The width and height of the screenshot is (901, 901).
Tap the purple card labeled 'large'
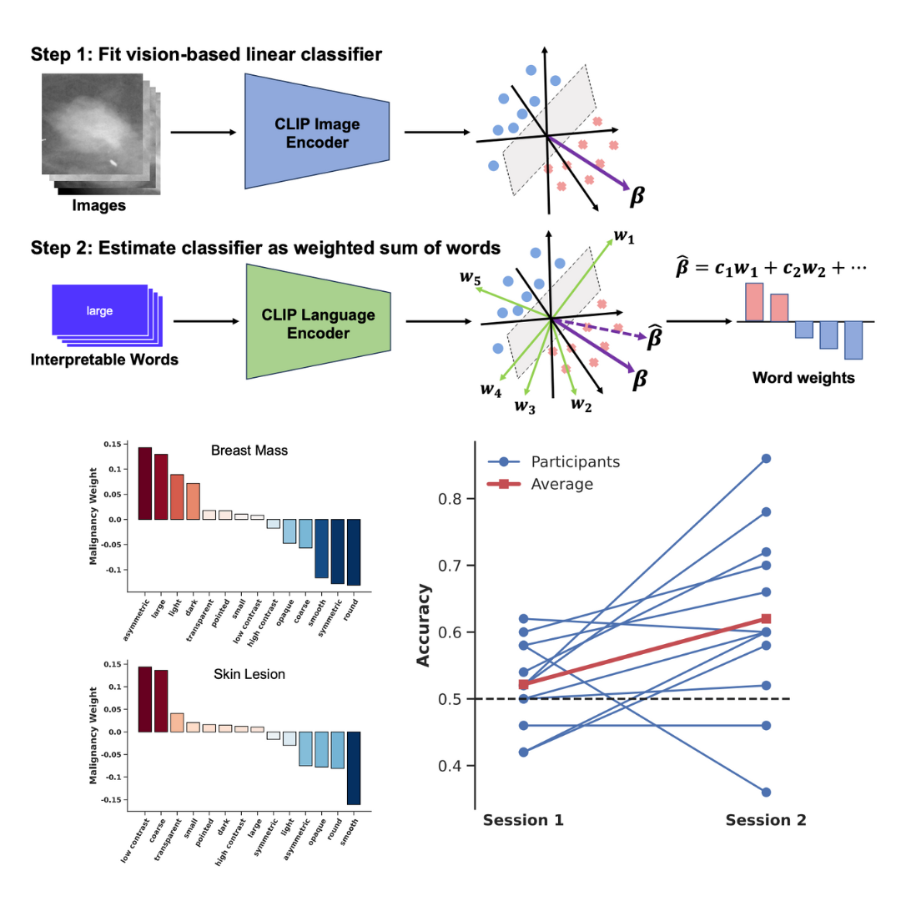99,311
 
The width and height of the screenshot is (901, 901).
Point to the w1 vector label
624,239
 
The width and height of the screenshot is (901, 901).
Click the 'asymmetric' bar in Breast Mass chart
145,483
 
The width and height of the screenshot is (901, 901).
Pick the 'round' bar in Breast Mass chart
354,551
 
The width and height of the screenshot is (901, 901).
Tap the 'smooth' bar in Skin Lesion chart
354,768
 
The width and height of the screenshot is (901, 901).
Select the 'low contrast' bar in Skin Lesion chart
145,699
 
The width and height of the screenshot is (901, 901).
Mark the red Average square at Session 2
766,618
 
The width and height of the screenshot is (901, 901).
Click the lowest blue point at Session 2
766,792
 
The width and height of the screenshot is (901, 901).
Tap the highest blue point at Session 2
766,458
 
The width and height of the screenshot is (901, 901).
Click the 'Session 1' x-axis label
523,820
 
